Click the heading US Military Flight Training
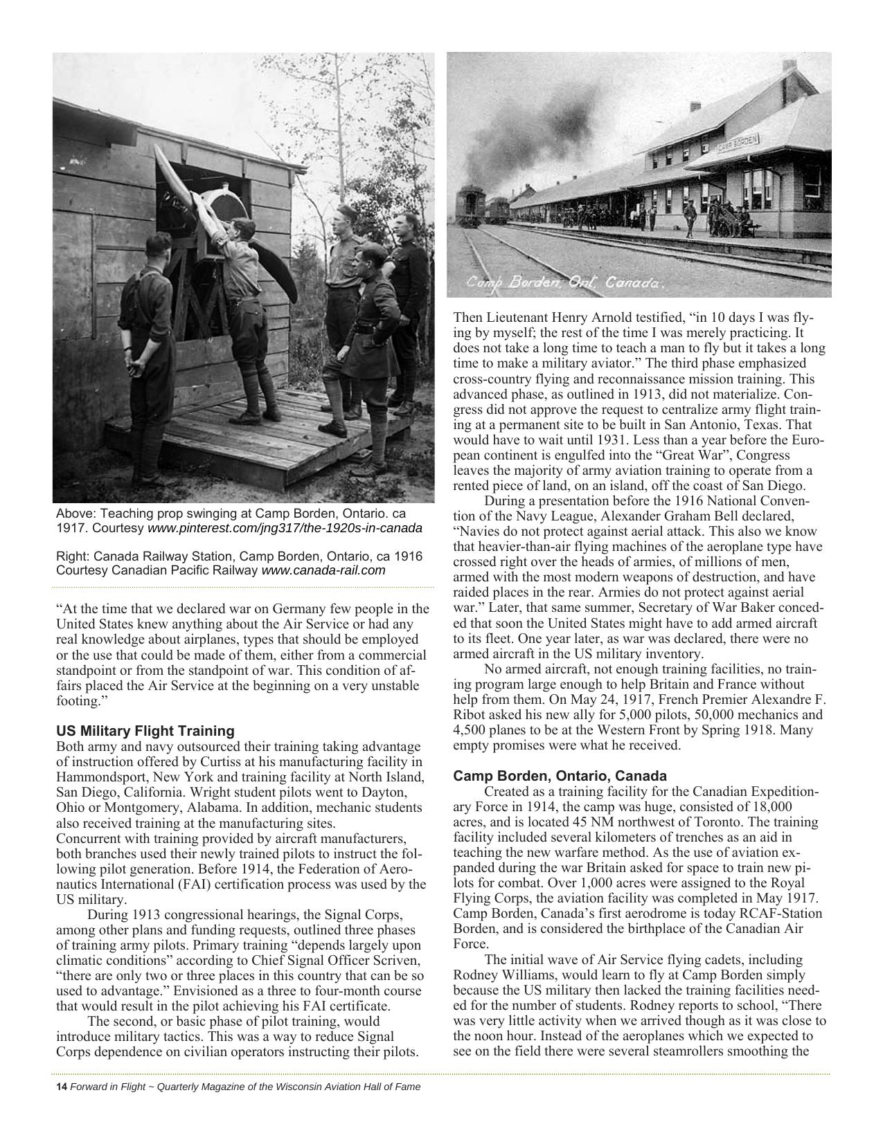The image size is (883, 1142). tap(145, 731)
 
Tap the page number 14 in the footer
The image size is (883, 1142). tap(61, 1087)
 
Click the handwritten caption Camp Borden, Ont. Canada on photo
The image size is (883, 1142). tap(564, 282)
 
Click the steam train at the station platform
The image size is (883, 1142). tap(470, 206)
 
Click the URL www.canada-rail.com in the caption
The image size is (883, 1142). tap(323, 570)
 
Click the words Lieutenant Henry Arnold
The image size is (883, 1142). tap(546, 318)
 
